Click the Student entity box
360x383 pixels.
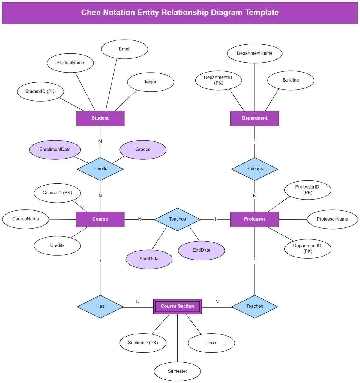(x=100, y=118)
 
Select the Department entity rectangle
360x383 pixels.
(x=255, y=118)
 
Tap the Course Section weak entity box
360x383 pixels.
(x=177, y=306)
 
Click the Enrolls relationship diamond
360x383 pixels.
(x=100, y=169)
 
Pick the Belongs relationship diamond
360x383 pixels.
(x=255, y=169)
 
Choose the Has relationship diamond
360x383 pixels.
(x=100, y=306)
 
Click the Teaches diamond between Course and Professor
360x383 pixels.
(x=177, y=219)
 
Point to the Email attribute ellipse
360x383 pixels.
(x=124, y=49)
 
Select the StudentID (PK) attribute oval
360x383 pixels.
(x=40, y=91)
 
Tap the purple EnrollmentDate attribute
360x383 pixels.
(x=55, y=150)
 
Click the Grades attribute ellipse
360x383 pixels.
(x=143, y=150)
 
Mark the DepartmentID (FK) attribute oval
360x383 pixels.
(x=307, y=248)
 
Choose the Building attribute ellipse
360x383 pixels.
(x=291, y=80)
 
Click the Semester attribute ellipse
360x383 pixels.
(x=177, y=371)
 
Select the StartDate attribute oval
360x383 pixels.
(x=149, y=259)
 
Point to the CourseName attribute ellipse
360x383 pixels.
(x=25, y=219)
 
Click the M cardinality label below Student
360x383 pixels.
(x=100, y=141)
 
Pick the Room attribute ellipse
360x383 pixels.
(x=211, y=343)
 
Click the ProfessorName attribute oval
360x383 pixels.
(x=332, y=219)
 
